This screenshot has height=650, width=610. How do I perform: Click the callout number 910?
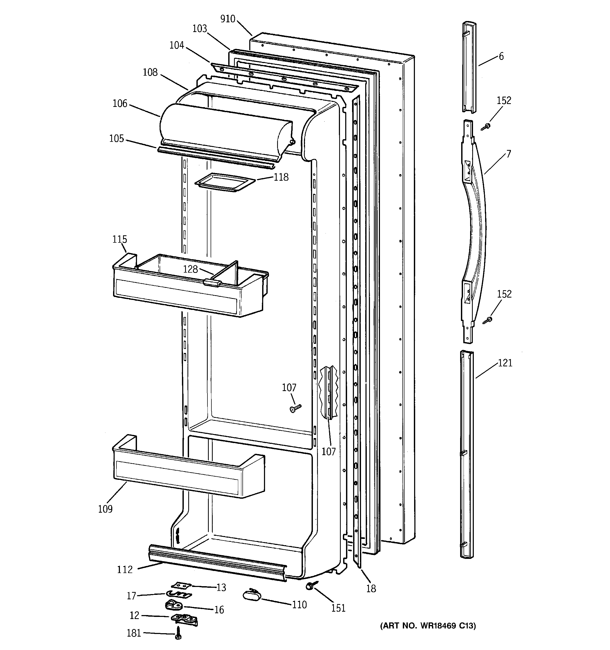coord(227,19)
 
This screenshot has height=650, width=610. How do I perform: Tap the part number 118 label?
coord(281,177)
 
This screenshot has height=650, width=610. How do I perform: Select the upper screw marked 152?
coord(486,127)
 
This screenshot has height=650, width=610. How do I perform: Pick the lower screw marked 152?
coord(488,320)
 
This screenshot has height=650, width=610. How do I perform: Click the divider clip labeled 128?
coord(212,282)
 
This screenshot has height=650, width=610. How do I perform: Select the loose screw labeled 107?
coord(295,407)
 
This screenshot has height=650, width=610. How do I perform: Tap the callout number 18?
coord(371,589)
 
